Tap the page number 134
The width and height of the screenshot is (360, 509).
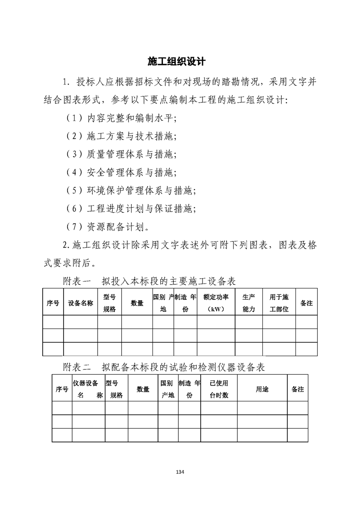(x=180, y=472)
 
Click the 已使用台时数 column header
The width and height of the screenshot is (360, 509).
(x=218, y=389)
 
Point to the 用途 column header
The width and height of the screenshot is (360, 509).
(x=262, y=389)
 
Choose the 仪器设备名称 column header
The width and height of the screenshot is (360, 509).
(x=88, y=389)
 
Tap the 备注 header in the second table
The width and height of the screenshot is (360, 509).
(x=297, y=389)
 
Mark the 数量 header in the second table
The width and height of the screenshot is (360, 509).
(x=143, y=389)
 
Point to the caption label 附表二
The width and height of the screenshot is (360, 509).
(x=77, y=367)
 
